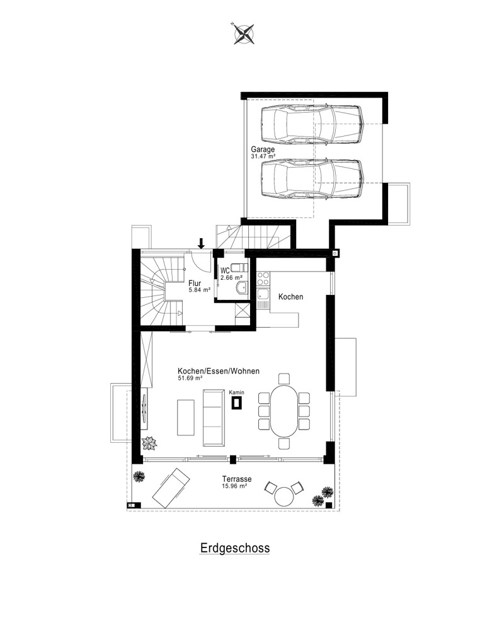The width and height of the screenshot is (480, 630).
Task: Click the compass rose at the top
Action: (x=244, y=33)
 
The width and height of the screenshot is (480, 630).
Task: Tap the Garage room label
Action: (x=263, y=149)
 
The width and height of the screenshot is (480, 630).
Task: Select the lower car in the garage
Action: (x=312, y=179)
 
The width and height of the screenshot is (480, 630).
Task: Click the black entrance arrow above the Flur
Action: (x=201, y=243)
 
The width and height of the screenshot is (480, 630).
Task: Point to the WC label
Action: (x=225, y=271)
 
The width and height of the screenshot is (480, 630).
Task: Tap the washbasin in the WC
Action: (x=243, y=287)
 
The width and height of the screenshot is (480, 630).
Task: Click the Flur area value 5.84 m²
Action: (x=200, y=289)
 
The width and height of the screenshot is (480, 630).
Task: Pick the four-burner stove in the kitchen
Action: (x=263, y=278)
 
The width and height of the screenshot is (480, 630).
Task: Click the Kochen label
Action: (x=291, y=297)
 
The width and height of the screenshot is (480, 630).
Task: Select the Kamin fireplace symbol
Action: (x=237, y=403)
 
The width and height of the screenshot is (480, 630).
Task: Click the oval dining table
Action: (x=284, y=411)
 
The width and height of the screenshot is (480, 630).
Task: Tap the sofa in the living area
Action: (x=214, y=418)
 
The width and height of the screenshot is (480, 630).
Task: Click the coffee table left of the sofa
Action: (x=186, y=418)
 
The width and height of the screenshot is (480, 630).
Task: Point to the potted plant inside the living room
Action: (x=149, y=443)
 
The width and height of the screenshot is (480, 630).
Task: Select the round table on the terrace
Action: (x=284, y=496)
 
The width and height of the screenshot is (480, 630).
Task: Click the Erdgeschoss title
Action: (x=234, y=549)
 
